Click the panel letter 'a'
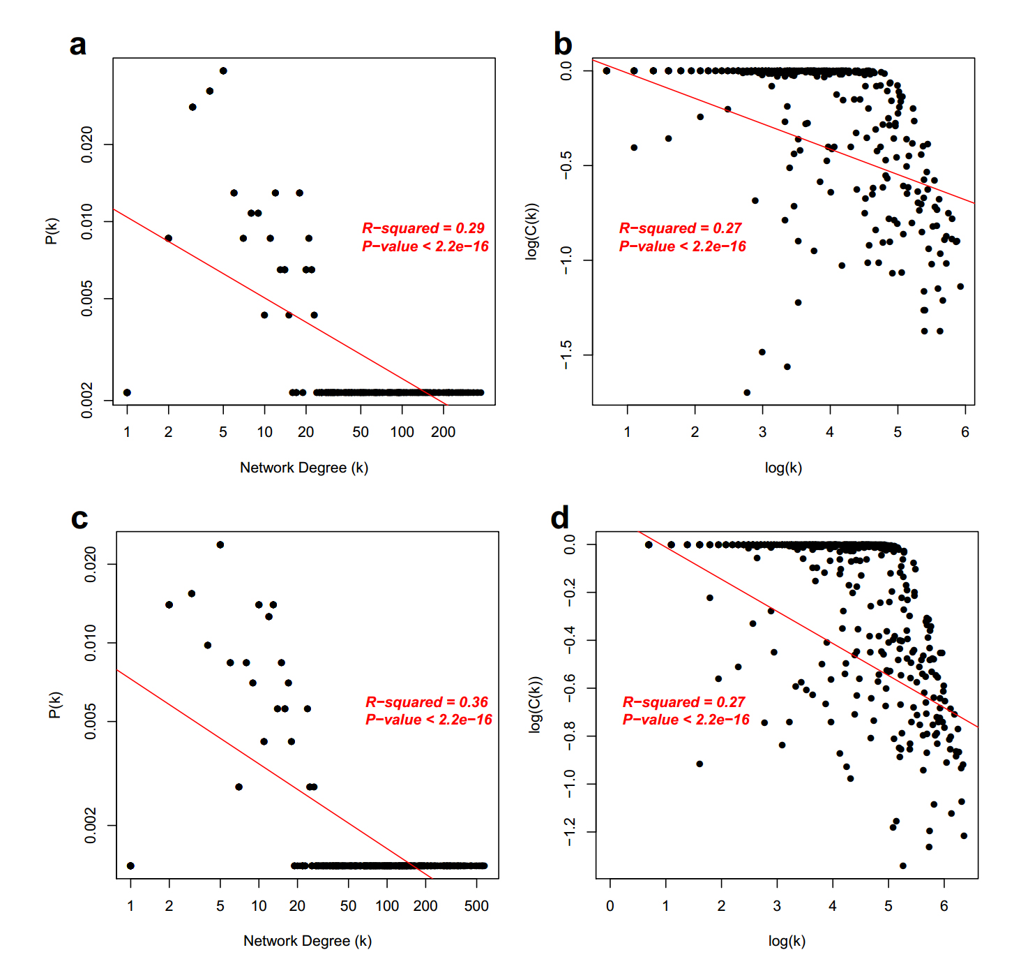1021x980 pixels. [x=78, y=45]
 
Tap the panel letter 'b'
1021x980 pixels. [x=562, y=44]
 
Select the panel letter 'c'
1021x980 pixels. [x=80, y=519]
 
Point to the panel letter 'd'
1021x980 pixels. [x=560, y=518]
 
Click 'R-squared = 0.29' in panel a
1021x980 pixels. [x=423, y=228]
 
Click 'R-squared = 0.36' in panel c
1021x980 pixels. [x=426, y=702]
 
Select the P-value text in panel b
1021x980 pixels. [x=682, y=246]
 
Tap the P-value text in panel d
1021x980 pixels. [x=686, y=720]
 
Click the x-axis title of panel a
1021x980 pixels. [x=303, y=468]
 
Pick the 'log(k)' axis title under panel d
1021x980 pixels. [x=787, y=941]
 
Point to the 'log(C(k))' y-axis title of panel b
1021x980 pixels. [x=532, y=231]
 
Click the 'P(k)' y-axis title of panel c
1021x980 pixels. [x=55, y=704]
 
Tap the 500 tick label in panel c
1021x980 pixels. [x=476, y=906]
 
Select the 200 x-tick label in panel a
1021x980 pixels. [x=443, y=432]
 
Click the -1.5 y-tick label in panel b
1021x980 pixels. [x=566, y=355]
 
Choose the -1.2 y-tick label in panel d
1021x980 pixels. [x=570, y=832]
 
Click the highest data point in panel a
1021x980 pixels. [x=223, y=70]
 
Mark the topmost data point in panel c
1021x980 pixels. [x=220, y=544]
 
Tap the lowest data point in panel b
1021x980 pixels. [x=747, y=392]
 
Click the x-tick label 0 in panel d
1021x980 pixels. [x=610, y=906]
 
